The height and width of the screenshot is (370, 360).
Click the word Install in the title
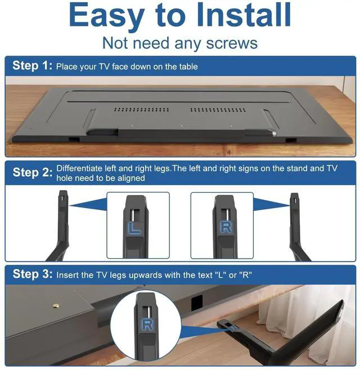(244, 15)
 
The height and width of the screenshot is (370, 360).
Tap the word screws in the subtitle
(232, 43)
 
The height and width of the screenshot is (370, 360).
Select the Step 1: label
(32, 65)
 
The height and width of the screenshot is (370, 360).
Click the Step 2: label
(32, 172)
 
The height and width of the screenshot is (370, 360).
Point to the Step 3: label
(32, 274)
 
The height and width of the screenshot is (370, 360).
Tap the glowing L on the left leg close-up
(134, 228)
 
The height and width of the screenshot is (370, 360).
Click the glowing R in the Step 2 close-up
(226, 227)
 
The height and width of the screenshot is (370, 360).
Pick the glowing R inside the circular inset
(147, 324)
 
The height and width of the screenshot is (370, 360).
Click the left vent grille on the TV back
(141, 110)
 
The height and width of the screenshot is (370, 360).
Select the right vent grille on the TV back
(218, 110)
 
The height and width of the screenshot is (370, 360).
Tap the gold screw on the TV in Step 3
(56, 306)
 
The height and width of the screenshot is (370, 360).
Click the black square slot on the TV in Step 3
(197, 303)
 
